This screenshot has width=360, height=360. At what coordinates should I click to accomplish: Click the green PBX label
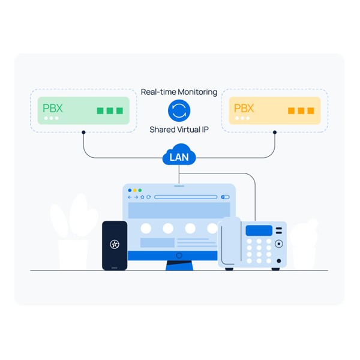pyautogui.click(x=52, y=109)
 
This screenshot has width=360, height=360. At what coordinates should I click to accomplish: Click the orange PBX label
pyautogui.click(x=244, y=109)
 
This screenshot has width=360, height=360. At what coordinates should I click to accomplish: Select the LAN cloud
pyautogui.click(x=179, y=157)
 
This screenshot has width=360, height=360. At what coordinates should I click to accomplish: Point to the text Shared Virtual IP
pyautogui.click(x=179, y=129)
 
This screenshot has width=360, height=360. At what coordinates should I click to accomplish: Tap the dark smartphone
pyautogui.click(x=115, y=245)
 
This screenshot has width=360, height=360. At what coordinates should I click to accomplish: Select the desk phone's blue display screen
pyautogui.click(x=259, y=230)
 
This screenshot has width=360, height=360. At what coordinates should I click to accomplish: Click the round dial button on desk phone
pyautogui.click(x=278, y=245)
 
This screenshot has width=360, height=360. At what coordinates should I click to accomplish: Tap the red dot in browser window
pyautogui.click(x=130, y=190)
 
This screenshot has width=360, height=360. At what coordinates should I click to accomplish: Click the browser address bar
pyautogui.click(x=185, y=197)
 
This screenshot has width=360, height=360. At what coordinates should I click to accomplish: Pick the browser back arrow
pyautogui.click(x=130, y=197)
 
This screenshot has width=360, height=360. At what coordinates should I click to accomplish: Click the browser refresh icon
pyautogui.click(x=148, y=197)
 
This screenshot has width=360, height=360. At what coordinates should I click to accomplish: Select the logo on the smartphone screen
pyautogui.click(x=115, y=244)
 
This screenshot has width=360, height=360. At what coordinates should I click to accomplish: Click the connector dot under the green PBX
pyautogui.click(x=83, y=132)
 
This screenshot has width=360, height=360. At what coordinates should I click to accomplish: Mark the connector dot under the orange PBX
pyautogui.click(x=275, y=132)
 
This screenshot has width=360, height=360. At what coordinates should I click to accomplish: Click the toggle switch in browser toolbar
pyautogui.click(x=225, y=197)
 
